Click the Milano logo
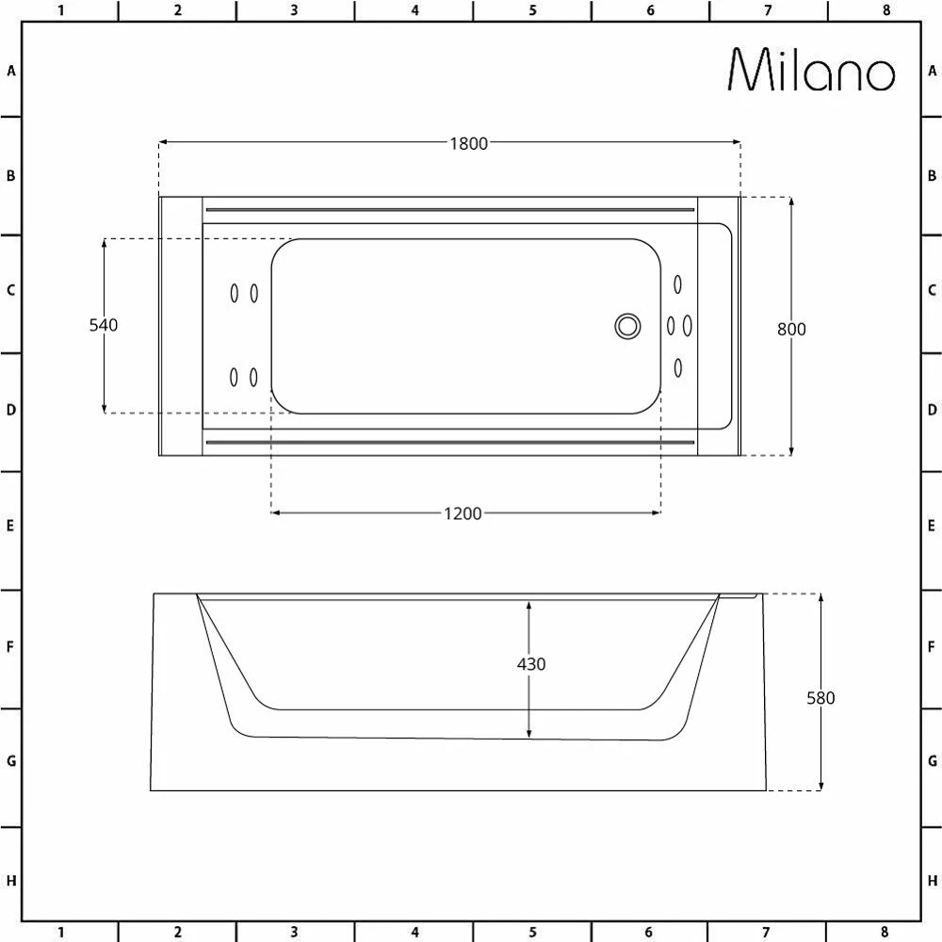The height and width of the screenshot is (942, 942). click(812, 70)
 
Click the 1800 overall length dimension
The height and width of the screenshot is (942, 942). click(468, 143)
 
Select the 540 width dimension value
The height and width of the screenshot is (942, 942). click(103, 325)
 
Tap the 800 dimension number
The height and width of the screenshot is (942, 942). click(791, 329)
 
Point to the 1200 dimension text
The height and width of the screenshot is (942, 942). click(463, 513)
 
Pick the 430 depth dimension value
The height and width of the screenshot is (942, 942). click(530, 664)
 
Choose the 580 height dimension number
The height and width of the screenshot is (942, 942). click(820, 698)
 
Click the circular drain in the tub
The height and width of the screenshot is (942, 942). click(627, 326)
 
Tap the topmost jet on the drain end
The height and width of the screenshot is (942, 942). click(677, 284)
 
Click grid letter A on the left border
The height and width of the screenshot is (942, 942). click(11, 71)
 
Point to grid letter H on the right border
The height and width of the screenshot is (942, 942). click(932, 881)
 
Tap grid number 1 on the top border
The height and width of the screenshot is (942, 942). click(60, 10)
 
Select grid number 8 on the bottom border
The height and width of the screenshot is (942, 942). click(885, 932)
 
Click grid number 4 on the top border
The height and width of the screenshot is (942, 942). click(414, 10)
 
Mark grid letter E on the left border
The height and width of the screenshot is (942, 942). click(11, 526)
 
